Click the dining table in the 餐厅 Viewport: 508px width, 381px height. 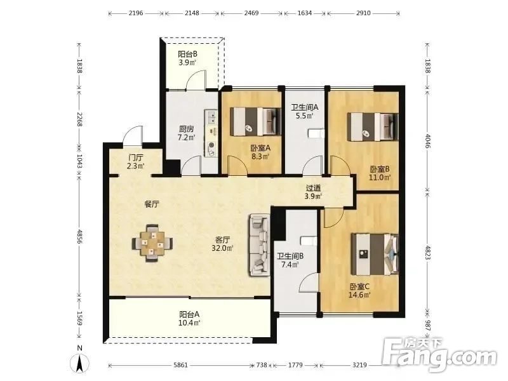152,243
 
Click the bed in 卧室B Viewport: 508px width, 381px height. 373,125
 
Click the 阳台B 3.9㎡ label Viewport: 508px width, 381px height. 187,58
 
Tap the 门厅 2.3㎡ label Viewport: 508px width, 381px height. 135,161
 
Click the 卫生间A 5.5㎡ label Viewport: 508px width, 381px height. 304,112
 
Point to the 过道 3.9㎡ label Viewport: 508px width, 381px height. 313,192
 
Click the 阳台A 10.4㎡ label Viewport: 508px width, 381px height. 189,318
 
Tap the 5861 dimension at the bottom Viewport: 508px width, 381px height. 180,366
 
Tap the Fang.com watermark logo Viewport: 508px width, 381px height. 439,356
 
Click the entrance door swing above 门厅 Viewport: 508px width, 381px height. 132,135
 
